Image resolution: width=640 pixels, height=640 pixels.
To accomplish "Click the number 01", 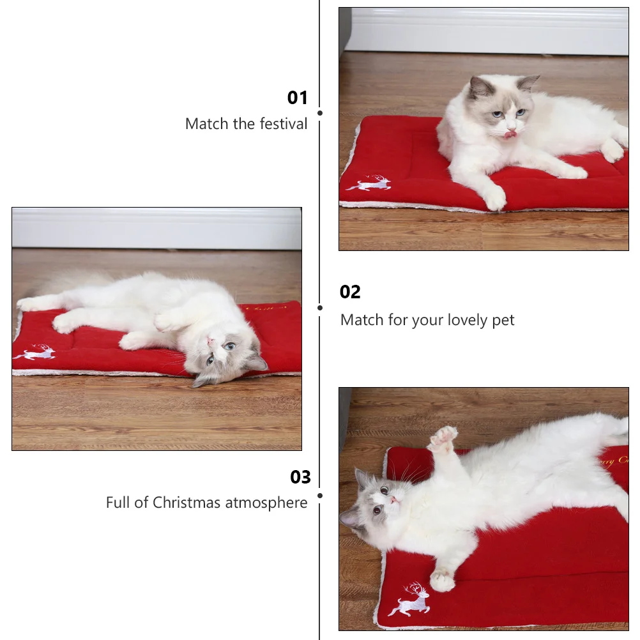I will tap(298, 98).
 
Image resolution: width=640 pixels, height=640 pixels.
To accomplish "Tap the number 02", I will tap(350, 292).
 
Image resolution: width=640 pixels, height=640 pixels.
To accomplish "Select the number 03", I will tap(300, 477).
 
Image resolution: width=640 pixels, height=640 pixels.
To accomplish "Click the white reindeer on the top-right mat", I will tap(370, 184).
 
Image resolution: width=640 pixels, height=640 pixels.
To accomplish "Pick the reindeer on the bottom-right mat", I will tap(411, 600).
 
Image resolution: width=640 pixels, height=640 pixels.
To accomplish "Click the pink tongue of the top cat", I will tap(510, 134).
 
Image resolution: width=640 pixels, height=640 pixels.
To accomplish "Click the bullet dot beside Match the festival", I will tap(320, 113).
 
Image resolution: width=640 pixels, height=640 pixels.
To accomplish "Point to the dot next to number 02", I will tap(320, 307).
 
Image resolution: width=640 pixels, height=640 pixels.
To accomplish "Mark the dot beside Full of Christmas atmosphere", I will tap(320, 495).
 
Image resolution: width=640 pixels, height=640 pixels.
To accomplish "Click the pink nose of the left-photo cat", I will tap(211, 342).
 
